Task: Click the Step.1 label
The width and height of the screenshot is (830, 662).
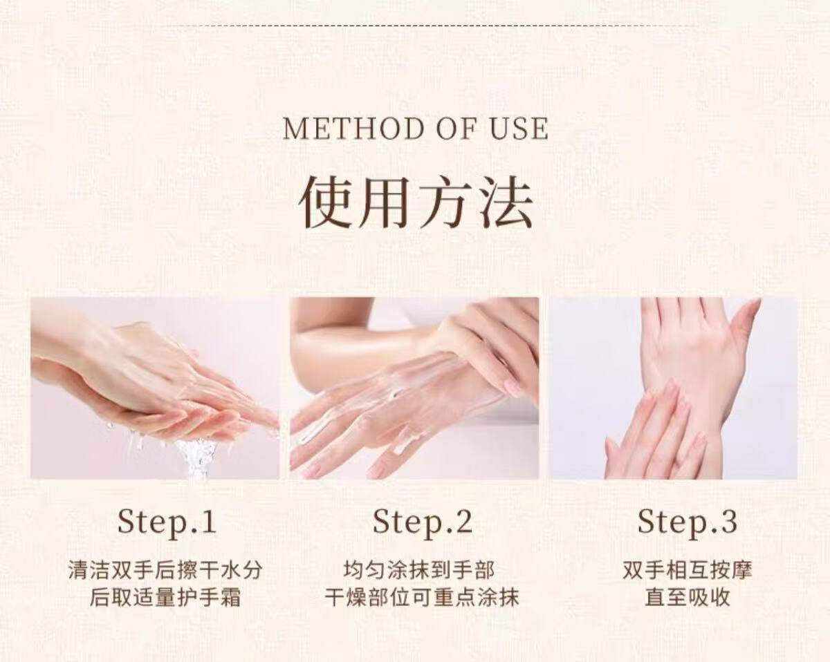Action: (x=167, y=522)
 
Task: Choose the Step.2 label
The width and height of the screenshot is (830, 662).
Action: (x=423, y=522)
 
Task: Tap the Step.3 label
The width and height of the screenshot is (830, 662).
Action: (x=688, y=522)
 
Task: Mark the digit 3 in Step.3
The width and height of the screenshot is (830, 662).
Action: (x=727, y=521)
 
